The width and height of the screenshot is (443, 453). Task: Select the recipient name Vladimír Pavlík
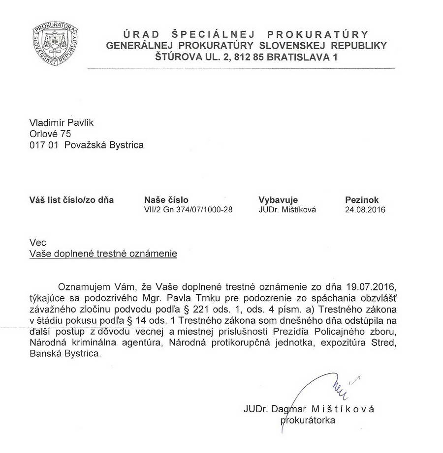(x=62, y=122)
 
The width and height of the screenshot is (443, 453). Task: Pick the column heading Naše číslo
(x=166, y=200)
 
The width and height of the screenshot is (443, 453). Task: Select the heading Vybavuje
(x=278, y=200)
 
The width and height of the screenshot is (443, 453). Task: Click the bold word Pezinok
(x=362, y=200)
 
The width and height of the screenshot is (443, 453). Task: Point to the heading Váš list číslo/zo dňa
(x=72, y=200)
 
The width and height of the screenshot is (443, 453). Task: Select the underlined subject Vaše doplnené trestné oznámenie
(x=103, y=254)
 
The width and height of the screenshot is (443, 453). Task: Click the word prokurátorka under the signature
(x=308, y=420)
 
